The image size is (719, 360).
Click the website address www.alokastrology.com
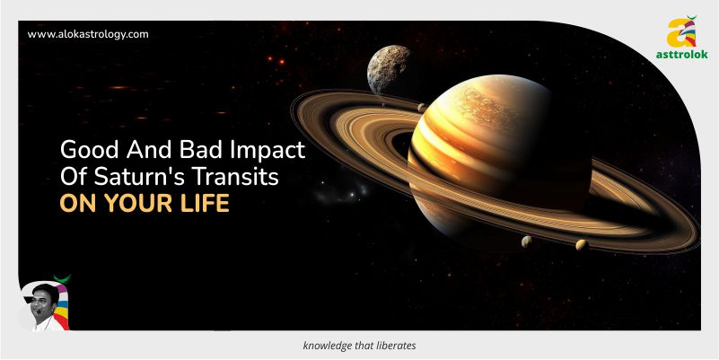tap(88, 34)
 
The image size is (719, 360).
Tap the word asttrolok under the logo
tap(681, 54)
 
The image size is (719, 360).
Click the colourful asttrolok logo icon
tap(682, 31)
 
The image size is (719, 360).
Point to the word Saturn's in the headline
tap(131, 178)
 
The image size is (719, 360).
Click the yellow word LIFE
tap(205, 204)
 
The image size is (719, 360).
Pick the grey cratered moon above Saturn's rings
tap(389, 69)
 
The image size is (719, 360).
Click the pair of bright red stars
tap(276, 59)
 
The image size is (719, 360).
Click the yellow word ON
tap(79, 204)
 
